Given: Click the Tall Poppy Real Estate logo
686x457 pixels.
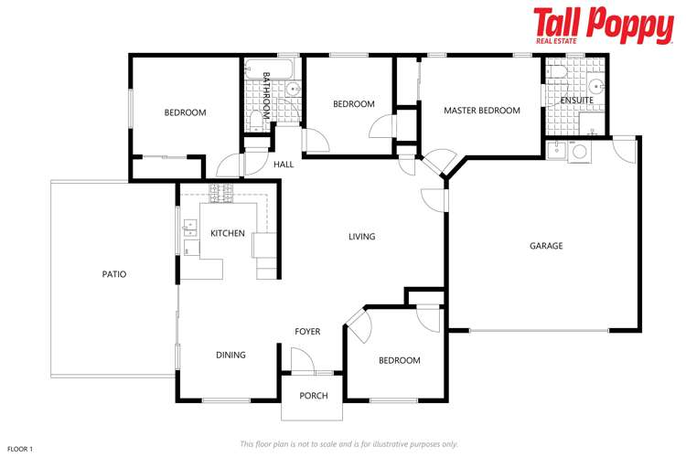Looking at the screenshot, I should (x=603, y=27).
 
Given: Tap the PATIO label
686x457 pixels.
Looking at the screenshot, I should (x=114, y=274).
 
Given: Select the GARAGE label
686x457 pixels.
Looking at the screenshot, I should (x=546, y=246).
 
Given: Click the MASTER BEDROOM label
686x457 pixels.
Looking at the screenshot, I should (x=481, y=111).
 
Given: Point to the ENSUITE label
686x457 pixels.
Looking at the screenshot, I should (x=576, y=100).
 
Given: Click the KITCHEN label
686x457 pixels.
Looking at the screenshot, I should (x=227, y=234).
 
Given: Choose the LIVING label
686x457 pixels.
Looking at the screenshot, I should (x=361, y=237).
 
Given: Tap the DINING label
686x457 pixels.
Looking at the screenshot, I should (x=230, y=355).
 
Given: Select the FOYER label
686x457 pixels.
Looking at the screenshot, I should (x=307, y=331).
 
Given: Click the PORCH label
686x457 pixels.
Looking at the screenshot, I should (x=313, y=396).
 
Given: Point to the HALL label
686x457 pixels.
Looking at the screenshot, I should (x=284, y=165).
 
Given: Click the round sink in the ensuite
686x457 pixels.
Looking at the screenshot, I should (x=595, y=87).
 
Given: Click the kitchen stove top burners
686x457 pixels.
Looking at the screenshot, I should (x=221, y=192).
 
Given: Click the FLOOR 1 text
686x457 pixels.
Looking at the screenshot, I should (x=20, y=449).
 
